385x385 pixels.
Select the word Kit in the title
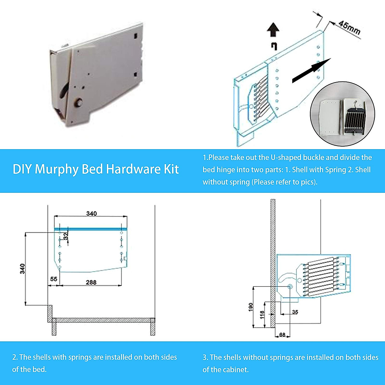(x=171, y=169)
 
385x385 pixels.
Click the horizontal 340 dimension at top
(x=91, y=213)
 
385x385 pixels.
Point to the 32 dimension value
(x=66, y=236)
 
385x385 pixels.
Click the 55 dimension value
(x=54, y=279)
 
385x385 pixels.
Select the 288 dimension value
(x=91, y=282)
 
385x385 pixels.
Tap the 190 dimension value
(x=251, y=307)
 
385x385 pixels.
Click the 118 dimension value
(x=262, y=314)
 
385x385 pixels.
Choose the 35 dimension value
(x=295, y=312)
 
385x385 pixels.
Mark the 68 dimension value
(x=282, y=335)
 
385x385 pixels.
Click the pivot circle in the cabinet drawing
(x=290, y=286)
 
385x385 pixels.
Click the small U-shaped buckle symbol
(x=274, y=46)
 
